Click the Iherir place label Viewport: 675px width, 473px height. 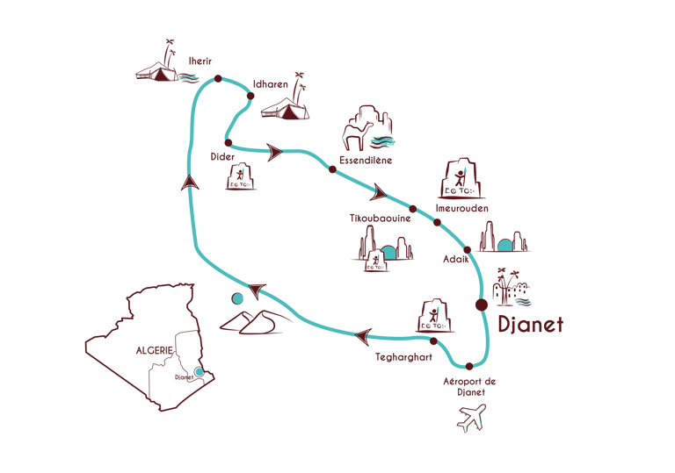[x=202, y=61]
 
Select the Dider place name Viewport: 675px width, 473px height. [x=222, y=157]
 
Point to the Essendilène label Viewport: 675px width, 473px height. [x=365, y=161]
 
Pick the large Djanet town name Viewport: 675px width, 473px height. [x=530, y=324]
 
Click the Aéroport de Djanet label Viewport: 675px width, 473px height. [x=470, y=386]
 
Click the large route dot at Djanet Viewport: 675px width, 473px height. [x=481, y=305]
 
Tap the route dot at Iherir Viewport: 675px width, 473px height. [x=218, y=80]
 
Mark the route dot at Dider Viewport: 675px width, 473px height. [x=228, y=142]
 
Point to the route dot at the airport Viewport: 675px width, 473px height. [x=468, y=366]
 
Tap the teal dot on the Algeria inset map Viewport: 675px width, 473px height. [x=200, y=372]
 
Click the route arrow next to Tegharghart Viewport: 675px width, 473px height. [x=363, y=333]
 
